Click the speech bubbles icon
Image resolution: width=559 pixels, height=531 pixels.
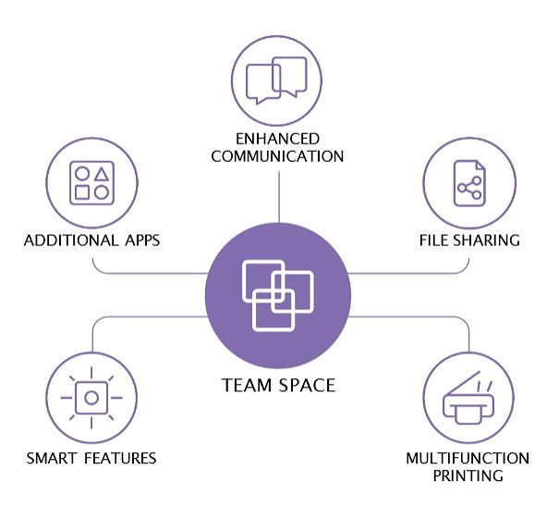pyautogui.click(x=276, y=80)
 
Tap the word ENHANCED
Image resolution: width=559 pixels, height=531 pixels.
pyautogui.click(x=278, y=139)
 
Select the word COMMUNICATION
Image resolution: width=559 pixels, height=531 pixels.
pyautogui.click(x=277, y=156)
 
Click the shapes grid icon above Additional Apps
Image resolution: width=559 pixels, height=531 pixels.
pyautogui.click(x=92, y=183)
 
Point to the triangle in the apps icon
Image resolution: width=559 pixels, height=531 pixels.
pyautogui.click(x=102, y=174)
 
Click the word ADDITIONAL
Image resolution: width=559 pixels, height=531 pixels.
pyautogui.click(x=71, y=241)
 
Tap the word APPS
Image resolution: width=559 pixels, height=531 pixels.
pyautogui.click(x=142, y=241)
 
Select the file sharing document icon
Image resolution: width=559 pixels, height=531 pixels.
pyautogui.click(x=469, y=183)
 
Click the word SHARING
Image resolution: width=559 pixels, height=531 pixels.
pyautogui.click(x=487, y=241)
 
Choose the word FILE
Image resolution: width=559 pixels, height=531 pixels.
pyautogui.click(x=434, y=241)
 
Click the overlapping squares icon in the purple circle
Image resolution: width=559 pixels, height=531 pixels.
pyautogui.click(x=278, y=296)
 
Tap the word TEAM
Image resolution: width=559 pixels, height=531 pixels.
pyautogui.click(x=246, y=386)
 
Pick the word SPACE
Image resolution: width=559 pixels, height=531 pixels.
pyautogui.click(x=307, y=386)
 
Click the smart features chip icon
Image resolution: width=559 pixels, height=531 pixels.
pyautogui.click(x=91, y=398)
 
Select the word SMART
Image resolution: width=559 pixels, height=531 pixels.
pyautogui.click(x=52, y=458)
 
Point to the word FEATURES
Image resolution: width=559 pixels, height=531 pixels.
pyautogui.click(x=120, y=458)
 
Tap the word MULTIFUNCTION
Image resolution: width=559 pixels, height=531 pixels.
pyautogui.click(x=468, y=459)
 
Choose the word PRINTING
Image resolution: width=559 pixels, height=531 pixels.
pyautogui.click(x=468, y=475)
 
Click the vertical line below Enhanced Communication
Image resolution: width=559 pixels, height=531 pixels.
pyautogui.click(x=279, y=197)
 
